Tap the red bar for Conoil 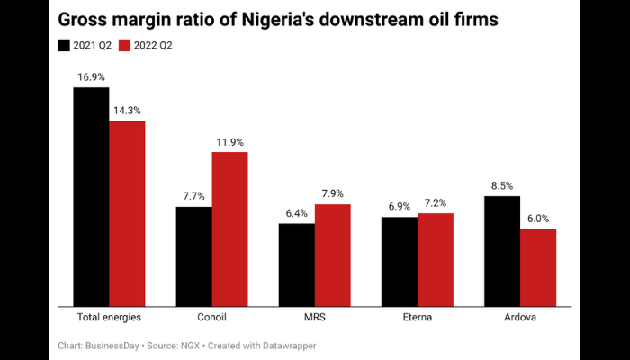(229, 229)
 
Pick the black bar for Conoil (193, 256)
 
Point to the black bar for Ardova (502, 250)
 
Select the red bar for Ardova (538, 267)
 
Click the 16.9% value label (91, 78)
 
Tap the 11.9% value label (229, 142)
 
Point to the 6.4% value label (296, 213)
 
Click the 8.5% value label (502, 186)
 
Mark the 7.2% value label (436, 203)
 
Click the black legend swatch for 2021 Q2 (64, 44)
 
